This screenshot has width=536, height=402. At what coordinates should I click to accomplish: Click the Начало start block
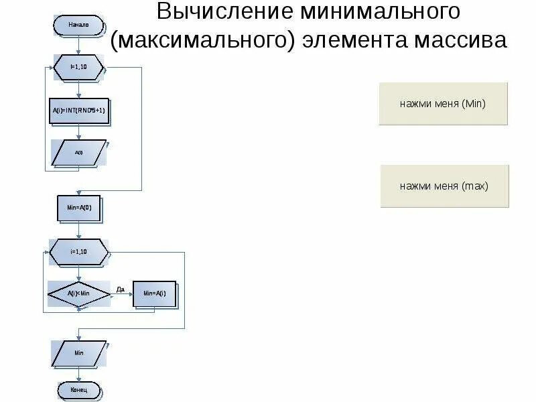pos(78,25)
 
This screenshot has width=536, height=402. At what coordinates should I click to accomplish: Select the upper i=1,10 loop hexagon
pos(78,68)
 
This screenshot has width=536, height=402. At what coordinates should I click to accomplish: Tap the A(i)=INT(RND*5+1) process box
pos(78,111)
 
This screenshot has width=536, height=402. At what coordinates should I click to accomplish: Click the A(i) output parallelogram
pos(78,153)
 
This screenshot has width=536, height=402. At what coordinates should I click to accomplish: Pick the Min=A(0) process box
pos(78,208)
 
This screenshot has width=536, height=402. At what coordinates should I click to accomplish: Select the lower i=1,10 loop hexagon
pos(78,252)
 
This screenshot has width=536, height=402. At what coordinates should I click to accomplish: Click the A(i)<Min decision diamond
pos(78,293)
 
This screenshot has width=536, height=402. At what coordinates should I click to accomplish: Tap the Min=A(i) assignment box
pos(154,293)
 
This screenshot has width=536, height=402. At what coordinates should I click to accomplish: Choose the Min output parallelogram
pos(78,352)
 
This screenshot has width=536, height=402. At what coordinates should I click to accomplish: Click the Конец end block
pos(78,389)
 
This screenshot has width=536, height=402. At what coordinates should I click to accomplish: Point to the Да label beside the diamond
pos(121,289)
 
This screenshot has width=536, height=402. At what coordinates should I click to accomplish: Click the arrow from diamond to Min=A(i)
pos(121,294)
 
